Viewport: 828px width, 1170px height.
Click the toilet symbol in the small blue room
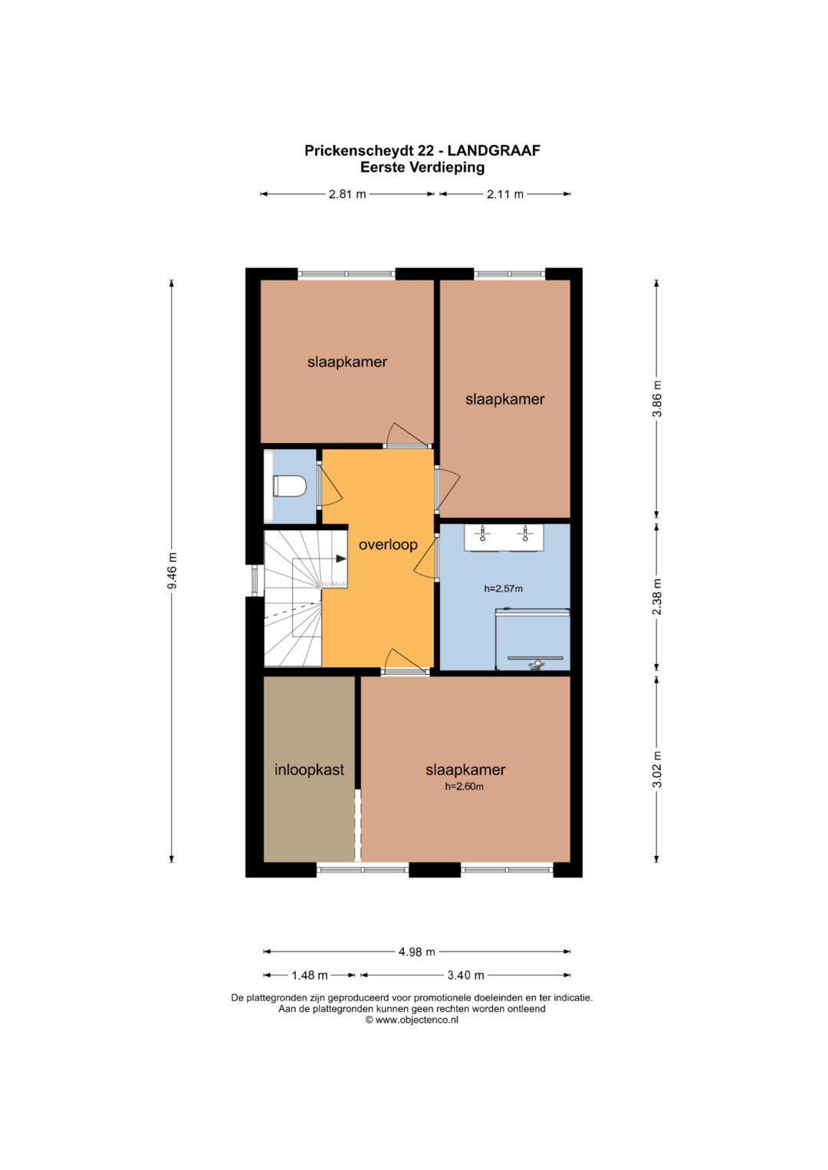pos(289,487)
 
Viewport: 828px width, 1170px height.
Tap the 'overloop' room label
pos(388,545)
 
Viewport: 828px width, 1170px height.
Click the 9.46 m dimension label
pos(172,570)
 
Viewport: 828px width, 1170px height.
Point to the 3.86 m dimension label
pos(658,398)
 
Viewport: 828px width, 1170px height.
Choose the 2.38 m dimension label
pos(658,596)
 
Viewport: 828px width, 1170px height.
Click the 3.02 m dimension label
pos(658,769)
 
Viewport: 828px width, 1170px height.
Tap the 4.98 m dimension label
pos(416,952)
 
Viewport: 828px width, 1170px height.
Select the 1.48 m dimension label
pos(310,975)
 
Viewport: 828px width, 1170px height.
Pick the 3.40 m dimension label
pos(466,975)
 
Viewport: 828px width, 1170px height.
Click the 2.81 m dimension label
pos(347,195)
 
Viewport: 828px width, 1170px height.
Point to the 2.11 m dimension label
pos(505,195)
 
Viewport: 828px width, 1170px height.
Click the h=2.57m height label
pos(504,588)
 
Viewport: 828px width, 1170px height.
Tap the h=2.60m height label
pos(464,787)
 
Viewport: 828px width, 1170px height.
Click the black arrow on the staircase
pos(341,559)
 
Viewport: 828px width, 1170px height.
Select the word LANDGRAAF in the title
pos(494,150)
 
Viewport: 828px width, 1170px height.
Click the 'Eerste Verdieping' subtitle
pos(422,168)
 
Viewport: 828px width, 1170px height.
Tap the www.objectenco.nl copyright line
pos(412,1019)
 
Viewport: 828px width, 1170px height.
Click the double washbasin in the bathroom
pos(504,537)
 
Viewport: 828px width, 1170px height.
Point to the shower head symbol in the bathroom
pos(536,665)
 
